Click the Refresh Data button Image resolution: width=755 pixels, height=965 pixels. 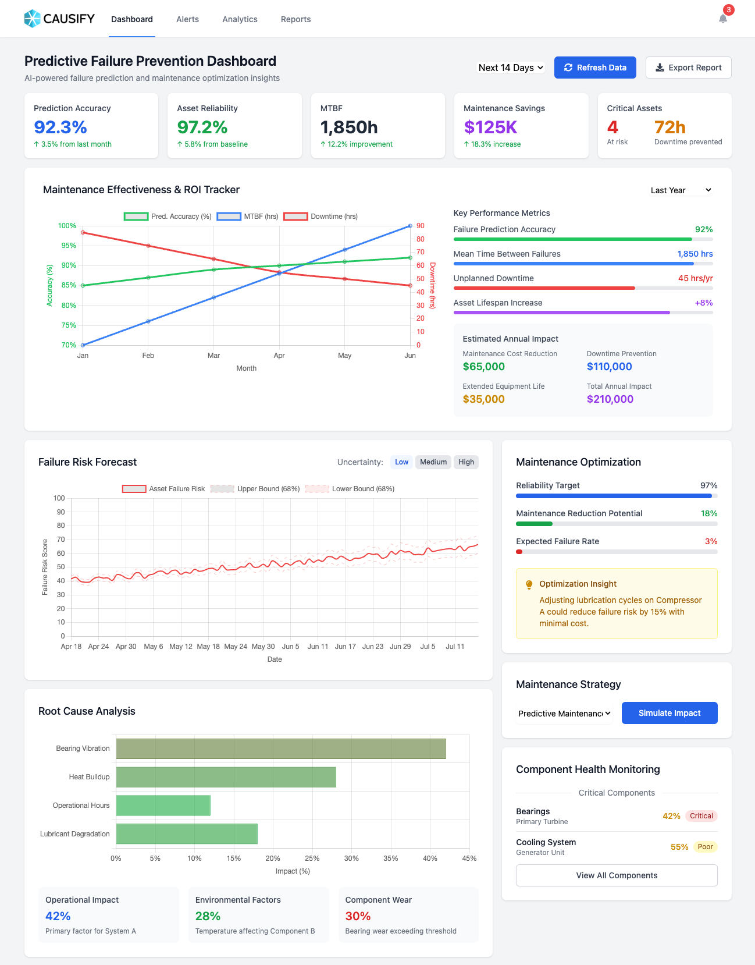[x=595, y=68]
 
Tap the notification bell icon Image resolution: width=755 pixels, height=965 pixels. [x=723, y=19]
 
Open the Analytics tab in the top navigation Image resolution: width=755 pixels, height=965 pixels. [x=240, y=19]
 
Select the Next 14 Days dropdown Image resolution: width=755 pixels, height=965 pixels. [x=511, y=68]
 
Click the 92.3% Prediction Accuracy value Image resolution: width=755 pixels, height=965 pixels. [x=60, y=127]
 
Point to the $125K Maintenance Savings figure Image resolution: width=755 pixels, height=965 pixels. [x=490, y=127]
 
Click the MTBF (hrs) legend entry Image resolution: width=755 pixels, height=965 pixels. [x=248, y=217]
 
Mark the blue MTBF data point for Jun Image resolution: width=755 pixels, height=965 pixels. [x=410, y=226]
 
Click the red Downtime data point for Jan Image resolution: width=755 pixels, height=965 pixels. [x=83, y=233]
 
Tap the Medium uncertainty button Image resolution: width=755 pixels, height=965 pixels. [x=433, y=462]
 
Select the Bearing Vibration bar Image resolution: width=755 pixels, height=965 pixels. [x=281, y=748]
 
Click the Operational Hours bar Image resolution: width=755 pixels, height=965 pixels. [x=163, y=806]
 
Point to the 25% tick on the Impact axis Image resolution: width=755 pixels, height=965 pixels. [x=312, y=858]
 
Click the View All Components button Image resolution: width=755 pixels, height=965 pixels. [x=617, y=875]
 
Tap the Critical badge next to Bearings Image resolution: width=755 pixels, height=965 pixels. [x=701, y=816]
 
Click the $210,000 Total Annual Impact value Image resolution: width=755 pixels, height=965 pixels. [x=610, y=399]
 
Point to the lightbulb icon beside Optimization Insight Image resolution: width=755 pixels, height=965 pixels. [x=529, y=584]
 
